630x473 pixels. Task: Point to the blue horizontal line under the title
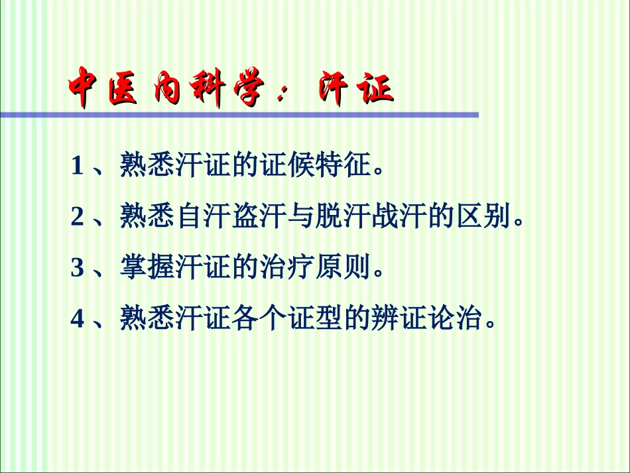[x=239, y=115]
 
